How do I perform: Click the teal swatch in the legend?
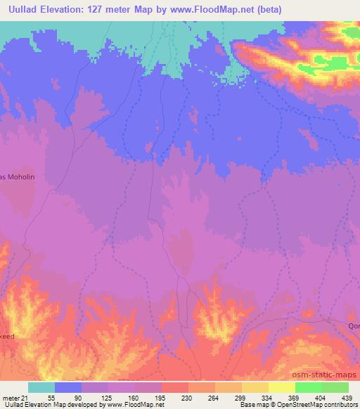coord(41,387)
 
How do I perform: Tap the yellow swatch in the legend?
coord(255,387)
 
